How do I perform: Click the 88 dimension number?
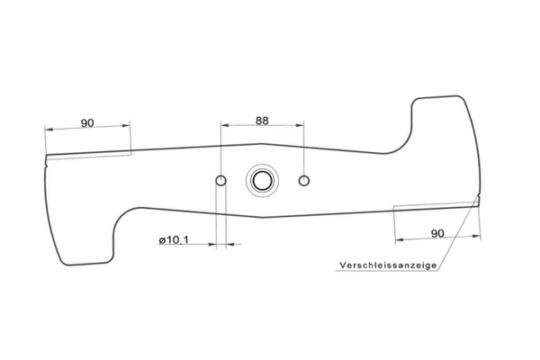[x=262, y=121]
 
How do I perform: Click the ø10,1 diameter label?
[x=174, y=239]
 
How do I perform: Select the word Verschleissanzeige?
[x=388, y=265]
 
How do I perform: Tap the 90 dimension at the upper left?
[x=87, y=123]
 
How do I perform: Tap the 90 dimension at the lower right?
[x=437, y=234]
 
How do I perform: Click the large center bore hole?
[x=262, y=181]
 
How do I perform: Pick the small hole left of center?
[x=220, y=180]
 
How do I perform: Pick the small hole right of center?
[x=304, y=181]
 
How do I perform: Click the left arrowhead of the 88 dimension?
[x=225, y=125]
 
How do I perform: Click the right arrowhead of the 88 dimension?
[x=300, y=125]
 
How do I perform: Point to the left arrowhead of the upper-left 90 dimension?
[x=49, y=130]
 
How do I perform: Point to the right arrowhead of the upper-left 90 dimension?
[x=126, y=126]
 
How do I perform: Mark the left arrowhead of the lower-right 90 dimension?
[x=400, y=239]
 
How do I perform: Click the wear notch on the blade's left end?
[x=46, y=166]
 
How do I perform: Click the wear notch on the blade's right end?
[x=478, y=197]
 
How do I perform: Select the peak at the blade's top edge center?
[x=262, y=144]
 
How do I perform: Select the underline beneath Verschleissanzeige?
[x=387, y=271]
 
